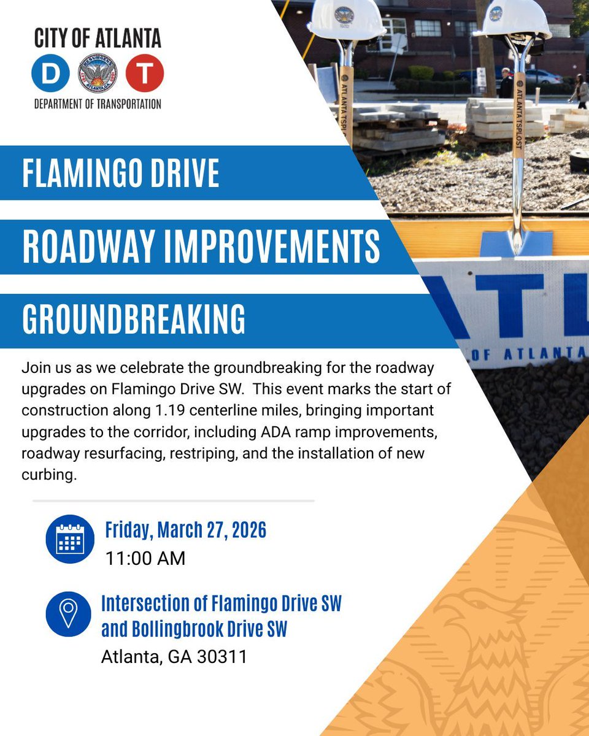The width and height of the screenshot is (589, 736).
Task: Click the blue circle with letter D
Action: point(51,72)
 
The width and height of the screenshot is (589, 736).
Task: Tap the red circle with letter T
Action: point(144,72)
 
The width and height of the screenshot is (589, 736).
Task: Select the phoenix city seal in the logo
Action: point(98,72)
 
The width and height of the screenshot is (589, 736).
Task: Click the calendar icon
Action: point(69,539)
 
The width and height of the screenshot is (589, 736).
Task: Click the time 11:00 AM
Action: point(145,559)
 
